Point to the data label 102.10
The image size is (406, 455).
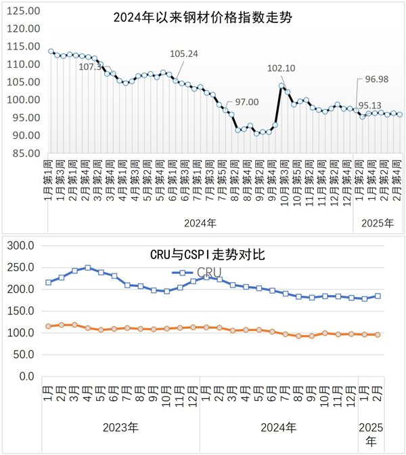coord(282,68)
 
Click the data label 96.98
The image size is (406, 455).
coord(378,80)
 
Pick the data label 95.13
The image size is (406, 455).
coord(369,106)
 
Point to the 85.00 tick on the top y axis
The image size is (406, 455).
coord(25,153)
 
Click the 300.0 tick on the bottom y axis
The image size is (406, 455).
coord(20,245)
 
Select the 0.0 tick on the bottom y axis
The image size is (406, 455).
coord(26,376)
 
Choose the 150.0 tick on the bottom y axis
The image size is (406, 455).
coord(20,311)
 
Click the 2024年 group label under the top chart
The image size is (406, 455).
coord(200,222)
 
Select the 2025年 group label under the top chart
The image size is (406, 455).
coord(378,222)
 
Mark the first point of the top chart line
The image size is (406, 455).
coord(51,52)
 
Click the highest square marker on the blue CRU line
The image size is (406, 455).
coord(87,268)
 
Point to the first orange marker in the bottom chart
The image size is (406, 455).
coord(48,326)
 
